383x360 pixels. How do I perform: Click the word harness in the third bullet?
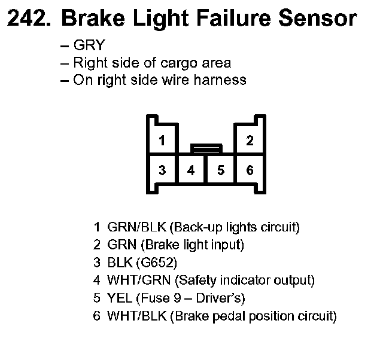click(221, 80)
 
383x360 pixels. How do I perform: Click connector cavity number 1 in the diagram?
click(162, 141)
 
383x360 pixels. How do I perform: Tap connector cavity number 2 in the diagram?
click(250, 141)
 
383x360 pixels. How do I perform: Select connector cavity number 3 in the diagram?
click(162, 170)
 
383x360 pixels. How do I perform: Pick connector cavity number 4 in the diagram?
click(191, 170)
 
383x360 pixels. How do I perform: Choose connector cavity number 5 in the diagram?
click(220, 170)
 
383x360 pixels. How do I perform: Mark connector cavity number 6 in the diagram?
click(250, 170)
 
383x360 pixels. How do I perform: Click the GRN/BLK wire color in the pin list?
click(136, 227)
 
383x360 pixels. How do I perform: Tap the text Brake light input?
click(194, 245)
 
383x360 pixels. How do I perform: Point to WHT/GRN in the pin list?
click(136, 280)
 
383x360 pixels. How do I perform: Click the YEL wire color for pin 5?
click(118, 298)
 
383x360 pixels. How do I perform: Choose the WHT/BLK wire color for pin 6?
click(136, 316)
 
